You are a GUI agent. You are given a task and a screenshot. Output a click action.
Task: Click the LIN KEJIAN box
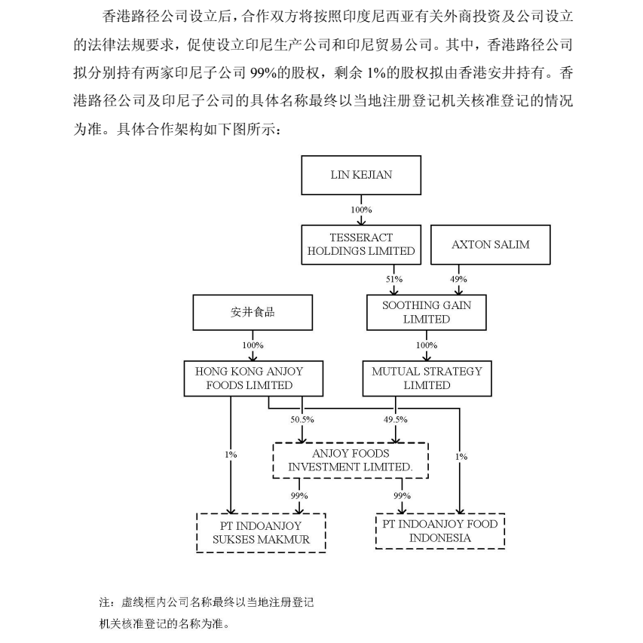(361, 175)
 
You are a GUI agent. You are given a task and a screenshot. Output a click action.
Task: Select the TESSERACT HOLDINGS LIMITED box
(361, 245)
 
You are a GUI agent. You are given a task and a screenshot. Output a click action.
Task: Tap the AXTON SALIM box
(491, 245)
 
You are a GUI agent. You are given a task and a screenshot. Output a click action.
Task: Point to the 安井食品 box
(253, 313)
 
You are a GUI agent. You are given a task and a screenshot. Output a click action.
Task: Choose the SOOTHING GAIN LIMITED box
(427, 313)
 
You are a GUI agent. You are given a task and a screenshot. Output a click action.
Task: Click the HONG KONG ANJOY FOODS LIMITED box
(253, 378)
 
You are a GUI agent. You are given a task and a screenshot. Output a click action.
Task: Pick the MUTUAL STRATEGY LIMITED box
(427, 378)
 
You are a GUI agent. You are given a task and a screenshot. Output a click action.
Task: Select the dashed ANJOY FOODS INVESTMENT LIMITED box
(351, 461)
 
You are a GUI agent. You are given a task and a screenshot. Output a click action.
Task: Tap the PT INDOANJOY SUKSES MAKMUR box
(262, 533)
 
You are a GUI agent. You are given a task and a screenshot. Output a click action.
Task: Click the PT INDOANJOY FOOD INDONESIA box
(440, 531)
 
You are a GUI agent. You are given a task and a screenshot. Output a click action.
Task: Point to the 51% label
(394, 279)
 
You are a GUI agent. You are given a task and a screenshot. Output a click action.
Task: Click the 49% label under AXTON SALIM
(458, 279)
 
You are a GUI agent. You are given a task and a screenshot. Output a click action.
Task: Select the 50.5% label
(302, 420)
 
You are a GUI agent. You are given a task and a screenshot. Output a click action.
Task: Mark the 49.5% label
(396, 420)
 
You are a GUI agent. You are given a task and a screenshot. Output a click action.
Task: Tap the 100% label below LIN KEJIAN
(361, 210)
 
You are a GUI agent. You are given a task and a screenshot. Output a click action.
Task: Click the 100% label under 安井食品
(253, 345)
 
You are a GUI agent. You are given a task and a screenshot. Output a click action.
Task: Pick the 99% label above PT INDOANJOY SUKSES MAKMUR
(299, 496)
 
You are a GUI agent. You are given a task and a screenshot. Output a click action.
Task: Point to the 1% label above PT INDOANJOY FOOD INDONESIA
(461, 456)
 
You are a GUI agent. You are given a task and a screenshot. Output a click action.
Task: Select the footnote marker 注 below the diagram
(105, 602)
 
